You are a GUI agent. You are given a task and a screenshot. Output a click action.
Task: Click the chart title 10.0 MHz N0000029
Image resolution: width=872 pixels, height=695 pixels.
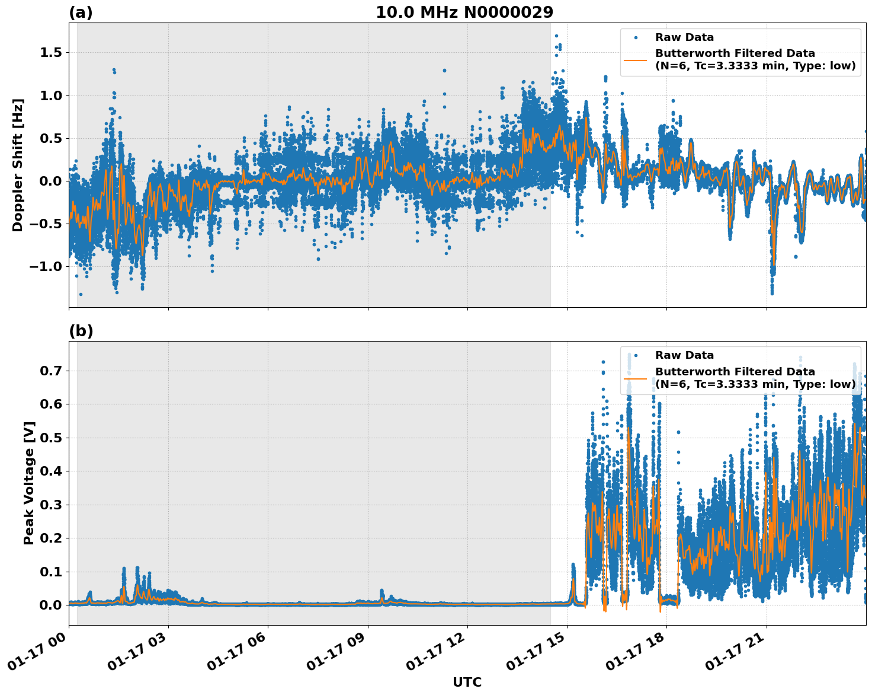[464, 12]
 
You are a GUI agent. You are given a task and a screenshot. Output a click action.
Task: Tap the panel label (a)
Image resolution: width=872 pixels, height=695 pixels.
[81, 12]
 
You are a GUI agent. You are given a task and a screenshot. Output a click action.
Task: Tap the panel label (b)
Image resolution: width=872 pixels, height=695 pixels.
[81, 331]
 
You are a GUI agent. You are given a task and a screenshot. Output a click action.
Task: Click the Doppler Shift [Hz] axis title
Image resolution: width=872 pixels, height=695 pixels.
[18, 165]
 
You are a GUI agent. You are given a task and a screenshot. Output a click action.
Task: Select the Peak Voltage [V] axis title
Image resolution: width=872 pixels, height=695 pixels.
[29, 483]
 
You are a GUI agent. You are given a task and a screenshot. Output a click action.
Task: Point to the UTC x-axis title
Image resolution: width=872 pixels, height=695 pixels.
[467, 682]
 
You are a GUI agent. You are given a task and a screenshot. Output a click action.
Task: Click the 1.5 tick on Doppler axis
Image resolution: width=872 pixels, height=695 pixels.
[51, 53]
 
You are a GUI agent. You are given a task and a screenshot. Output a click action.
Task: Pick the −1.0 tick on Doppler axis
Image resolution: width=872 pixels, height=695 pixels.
[46, 266]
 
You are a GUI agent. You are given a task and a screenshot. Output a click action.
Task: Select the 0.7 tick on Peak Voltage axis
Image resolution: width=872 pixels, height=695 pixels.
[51, 371]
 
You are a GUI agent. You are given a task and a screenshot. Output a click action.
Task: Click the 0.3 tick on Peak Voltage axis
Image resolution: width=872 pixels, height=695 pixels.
[51, 505]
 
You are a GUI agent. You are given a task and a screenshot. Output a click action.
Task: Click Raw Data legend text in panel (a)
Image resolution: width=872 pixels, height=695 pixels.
[684, 37]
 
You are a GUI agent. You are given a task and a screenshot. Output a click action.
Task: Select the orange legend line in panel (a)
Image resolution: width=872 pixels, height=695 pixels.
[636, 60]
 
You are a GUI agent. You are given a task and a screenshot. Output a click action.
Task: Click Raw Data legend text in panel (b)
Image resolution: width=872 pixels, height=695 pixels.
[684, 355]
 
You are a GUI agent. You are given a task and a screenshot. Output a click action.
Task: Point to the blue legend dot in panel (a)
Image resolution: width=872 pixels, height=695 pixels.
[636, 37]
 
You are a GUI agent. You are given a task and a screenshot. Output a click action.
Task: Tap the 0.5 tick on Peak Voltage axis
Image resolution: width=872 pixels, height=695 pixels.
[51, 438]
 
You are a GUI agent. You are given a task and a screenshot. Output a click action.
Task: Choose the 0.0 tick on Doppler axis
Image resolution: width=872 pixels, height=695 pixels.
[51, 181]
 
